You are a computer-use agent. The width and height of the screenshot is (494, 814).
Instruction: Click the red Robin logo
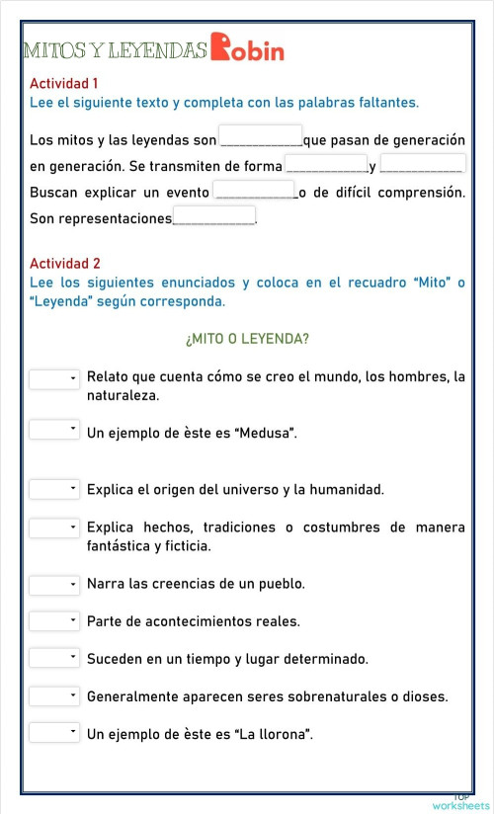[x=247, y=47]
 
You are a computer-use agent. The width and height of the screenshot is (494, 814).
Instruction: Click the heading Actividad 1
[x=64, y=84]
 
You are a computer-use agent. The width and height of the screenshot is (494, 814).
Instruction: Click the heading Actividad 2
[x=65, y=264]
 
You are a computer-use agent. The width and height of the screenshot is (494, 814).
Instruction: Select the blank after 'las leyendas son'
[x=260, y=135]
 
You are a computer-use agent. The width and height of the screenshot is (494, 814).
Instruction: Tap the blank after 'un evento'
[x=254, y=190]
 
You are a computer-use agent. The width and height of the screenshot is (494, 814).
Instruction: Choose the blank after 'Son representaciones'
[x=214, y=216]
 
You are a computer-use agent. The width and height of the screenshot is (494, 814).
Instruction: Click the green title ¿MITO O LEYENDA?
[x=247, y=339]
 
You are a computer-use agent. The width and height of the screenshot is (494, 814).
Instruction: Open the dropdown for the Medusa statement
[x=54, y=430]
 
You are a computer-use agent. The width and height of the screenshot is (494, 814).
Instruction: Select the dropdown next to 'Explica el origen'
[x=54, y=489]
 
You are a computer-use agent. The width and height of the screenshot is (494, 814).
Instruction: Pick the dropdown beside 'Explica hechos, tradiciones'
[x=54, y=529]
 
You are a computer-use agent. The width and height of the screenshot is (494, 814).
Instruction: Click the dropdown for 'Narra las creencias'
[x=54, y=585]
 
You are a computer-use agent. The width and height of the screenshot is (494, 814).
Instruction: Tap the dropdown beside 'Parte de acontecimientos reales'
[x=54, y=621]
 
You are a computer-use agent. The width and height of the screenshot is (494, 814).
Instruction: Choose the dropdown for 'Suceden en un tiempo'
[x=54, y=658]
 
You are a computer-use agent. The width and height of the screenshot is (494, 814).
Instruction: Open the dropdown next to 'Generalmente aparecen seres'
[x=54, y=696]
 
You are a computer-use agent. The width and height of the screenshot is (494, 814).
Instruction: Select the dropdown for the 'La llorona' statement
[x=54, y=733]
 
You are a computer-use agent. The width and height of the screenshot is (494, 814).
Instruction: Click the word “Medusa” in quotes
[x=266, y=433]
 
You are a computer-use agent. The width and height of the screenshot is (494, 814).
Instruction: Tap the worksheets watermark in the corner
[x=460, y=804]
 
